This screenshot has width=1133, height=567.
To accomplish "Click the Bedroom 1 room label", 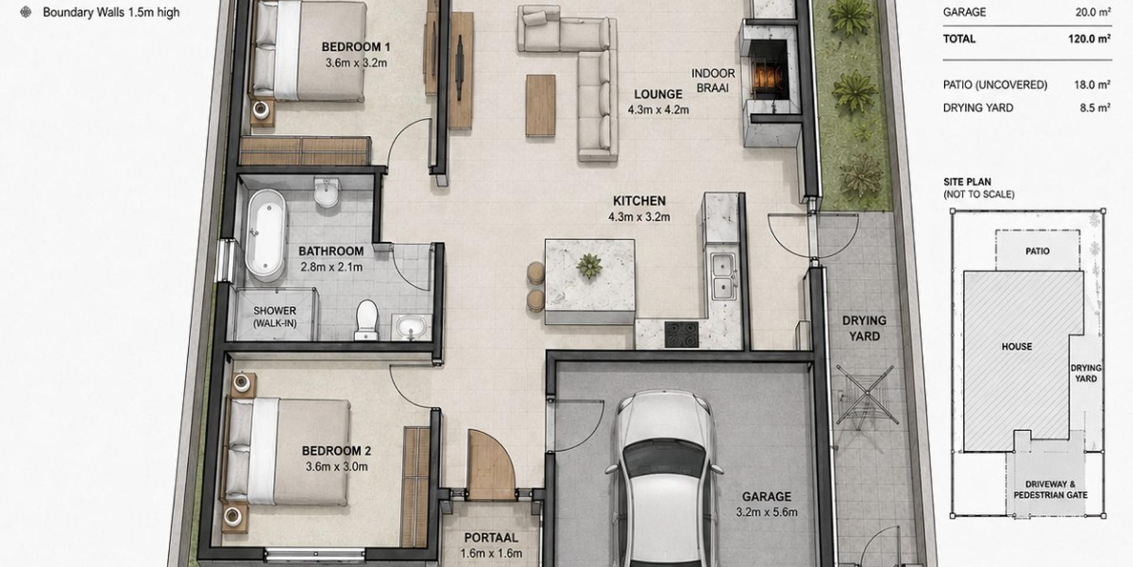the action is point(355,47).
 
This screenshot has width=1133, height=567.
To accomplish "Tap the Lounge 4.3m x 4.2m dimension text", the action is point(658,110).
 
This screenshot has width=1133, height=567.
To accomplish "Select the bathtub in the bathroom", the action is point(266,234).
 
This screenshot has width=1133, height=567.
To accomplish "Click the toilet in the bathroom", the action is point(366,320).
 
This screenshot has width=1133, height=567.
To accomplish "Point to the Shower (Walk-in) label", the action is point(274,317).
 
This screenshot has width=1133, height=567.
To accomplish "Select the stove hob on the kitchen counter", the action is point(682,334).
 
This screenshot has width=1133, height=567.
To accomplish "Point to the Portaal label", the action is point(491,538).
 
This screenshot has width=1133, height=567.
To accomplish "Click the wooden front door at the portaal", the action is point(491,465).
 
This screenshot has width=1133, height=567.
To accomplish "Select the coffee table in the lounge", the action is point(541,105).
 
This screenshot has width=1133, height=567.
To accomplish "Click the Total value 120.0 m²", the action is point(1089,39).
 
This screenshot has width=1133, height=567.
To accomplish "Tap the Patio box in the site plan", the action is point(1037,251).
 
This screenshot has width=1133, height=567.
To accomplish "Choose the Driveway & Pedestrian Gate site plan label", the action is point(1050,490).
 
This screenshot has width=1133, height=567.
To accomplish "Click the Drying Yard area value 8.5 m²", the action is point(1095,108).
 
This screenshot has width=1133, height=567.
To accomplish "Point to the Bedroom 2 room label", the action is point(336,451).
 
